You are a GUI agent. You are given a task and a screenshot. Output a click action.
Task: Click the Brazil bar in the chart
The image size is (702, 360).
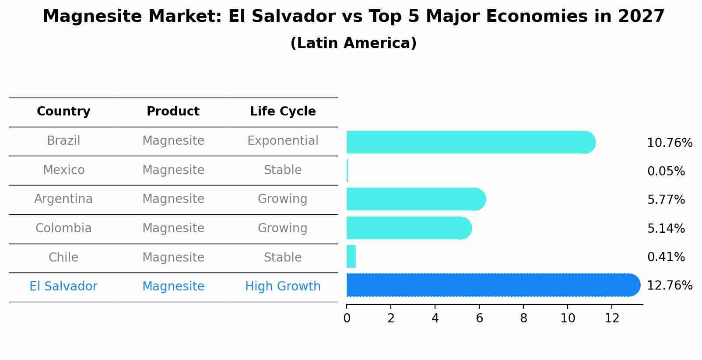coord(470,142)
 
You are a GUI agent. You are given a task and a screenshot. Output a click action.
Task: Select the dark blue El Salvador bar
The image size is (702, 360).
coord(493,285)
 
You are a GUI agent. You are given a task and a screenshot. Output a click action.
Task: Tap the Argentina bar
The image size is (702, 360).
coord(416,199)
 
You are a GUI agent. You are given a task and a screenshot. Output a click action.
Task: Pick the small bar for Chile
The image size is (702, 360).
coord(351,257)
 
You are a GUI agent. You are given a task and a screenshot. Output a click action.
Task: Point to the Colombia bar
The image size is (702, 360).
coord(409,228)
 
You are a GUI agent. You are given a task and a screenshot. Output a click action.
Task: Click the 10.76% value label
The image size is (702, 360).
coord(669,143)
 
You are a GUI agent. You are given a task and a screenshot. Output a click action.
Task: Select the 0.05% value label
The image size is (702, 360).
coord(666,171)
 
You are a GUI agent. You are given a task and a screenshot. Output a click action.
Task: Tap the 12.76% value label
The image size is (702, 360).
coord(669,286)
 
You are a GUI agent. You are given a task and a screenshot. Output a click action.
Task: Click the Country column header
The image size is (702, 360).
coord(63,112)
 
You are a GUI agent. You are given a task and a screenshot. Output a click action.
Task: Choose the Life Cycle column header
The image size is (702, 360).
coord(283,112)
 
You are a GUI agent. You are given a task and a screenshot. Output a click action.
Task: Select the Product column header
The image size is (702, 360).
coord(173,112)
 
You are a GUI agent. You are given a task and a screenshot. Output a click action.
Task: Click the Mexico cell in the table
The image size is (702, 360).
coord(63,170)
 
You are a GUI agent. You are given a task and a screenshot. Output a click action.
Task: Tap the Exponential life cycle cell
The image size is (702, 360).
coord(283,141)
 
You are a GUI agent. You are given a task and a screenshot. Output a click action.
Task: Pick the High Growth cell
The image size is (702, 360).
coord(283,287)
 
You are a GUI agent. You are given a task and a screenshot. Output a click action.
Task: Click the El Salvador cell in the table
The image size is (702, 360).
coord(63,287)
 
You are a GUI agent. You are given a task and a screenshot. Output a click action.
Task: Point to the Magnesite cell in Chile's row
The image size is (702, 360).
coord(173,257)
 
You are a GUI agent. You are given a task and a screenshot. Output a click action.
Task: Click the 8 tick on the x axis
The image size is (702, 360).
coord(523,318)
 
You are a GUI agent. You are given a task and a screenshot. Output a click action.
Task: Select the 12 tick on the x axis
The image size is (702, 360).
coord(612,318)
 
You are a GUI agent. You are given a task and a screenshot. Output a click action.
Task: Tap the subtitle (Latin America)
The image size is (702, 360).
coord(353,43)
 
